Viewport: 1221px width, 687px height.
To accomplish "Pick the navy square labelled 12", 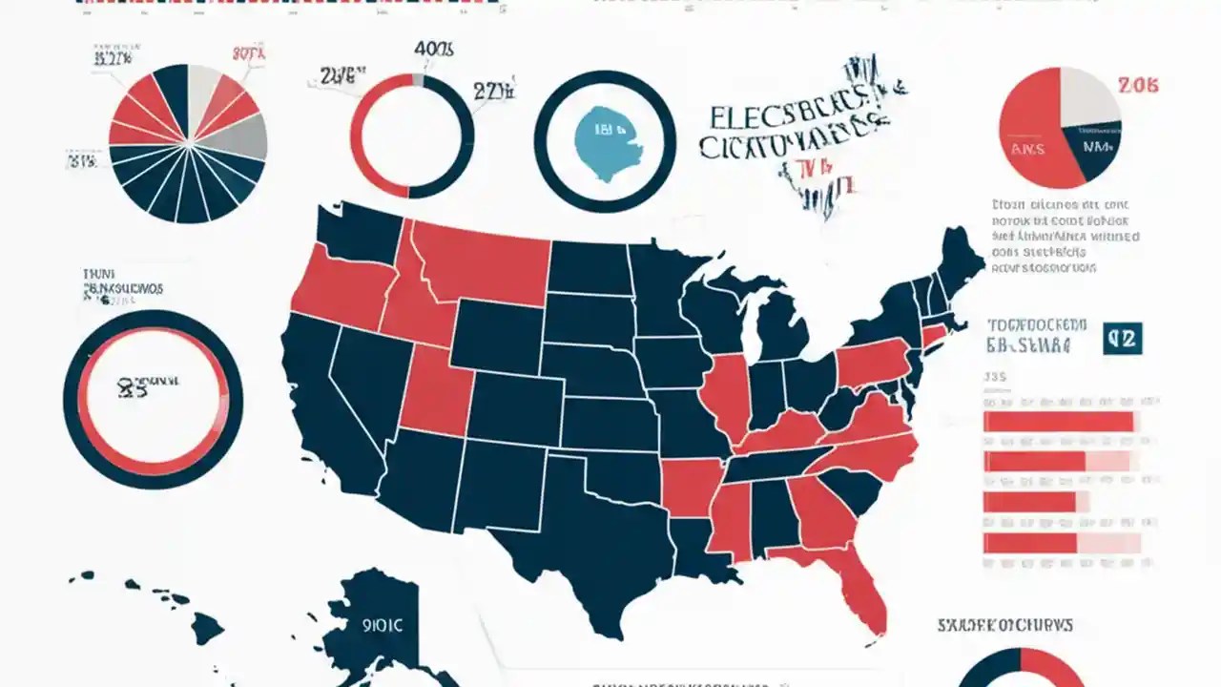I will point(1122,338).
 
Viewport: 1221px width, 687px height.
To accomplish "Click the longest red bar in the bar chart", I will point(1058,422).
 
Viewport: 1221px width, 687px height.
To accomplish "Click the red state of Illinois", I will point(727,396).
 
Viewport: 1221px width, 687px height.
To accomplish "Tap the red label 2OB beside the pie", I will point(1139,86).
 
